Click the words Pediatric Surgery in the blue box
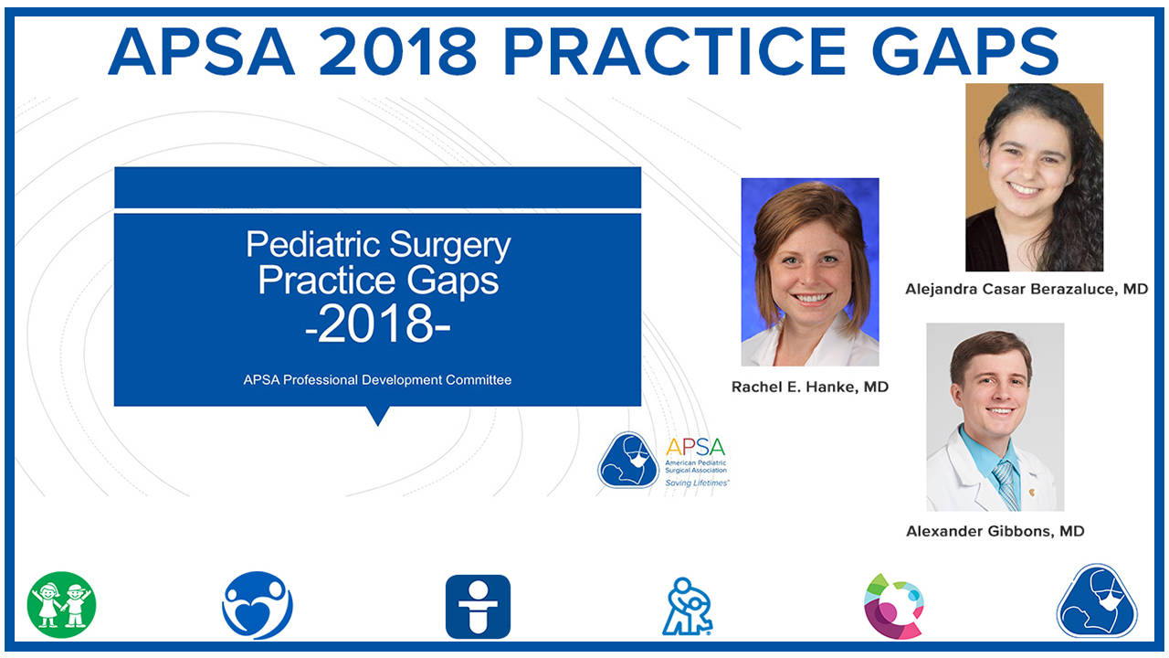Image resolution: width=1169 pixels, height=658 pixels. [378, 245]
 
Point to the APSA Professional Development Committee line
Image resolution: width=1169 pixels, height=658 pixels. [377, 379]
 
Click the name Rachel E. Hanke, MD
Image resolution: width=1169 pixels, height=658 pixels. [809, 387]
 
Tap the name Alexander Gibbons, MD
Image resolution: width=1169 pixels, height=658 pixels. [995, 531]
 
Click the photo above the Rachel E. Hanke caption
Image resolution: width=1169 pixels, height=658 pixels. [809, 271]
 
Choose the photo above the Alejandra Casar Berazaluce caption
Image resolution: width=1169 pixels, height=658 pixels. [1034, 177]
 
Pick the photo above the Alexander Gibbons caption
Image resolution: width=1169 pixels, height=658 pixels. [995, 417]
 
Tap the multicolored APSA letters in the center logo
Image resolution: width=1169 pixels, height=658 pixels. [695, 447]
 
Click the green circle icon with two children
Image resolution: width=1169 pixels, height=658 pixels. [61, 605]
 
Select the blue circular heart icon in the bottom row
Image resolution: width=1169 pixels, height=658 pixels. [258, 605]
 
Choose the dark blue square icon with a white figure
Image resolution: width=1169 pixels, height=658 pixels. [478, 606]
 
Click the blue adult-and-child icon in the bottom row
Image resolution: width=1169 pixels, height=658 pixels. [687, 606]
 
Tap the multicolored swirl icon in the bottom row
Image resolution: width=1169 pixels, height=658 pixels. [894, 605]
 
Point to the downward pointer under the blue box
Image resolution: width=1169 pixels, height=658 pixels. [377, 415]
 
